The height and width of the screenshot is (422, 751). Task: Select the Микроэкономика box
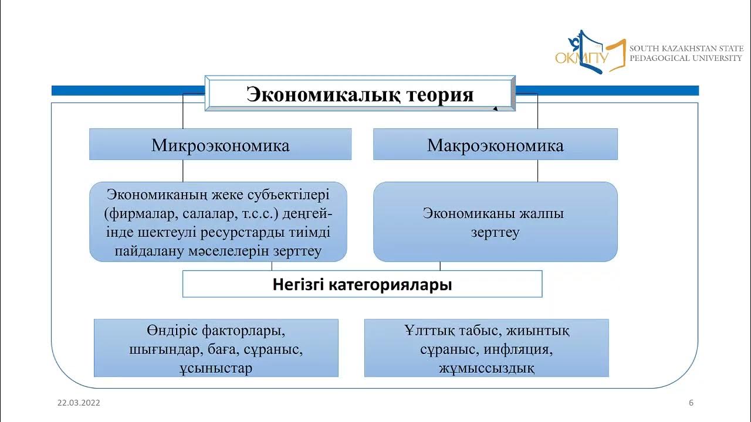pyautogui.click(x=220, y=145)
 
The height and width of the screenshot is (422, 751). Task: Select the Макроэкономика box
pyautogui.click(x=495, y=145)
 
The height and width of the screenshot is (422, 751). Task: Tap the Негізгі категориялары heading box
pyautogui.click(x=362, y=285)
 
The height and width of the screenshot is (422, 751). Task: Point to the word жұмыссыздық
pyautogui.click(x=486, y=368)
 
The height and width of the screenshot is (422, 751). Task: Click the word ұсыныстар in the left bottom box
pyautogui.click(x=216, y=368)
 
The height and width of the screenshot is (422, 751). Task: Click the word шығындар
pyautogui.click(x=158, y=350)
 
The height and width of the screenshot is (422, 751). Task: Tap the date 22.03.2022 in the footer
pyautogui.click(x=79, y=403)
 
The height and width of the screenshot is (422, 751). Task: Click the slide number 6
pyautogui.click(x=691, y=403)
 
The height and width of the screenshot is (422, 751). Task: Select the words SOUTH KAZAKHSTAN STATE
pyautogui.click(x=686, y=48)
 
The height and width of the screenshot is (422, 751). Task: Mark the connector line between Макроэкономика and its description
pyautogui.click(x=538, y=171)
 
